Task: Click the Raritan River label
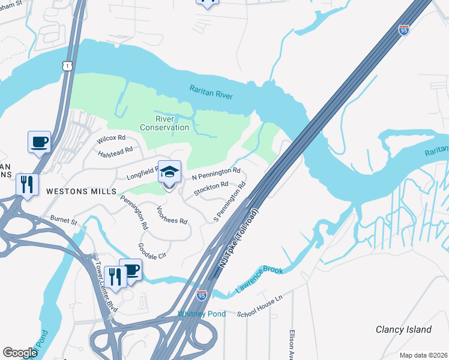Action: tap(211, 91)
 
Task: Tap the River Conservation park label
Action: tap(164, 123)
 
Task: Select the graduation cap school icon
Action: tap(169, 173)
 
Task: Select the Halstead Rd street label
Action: tap(115, 154)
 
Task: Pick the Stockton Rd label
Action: tap(211, 189)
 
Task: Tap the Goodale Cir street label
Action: tap(152, 251)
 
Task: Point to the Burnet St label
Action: tap(64, 221)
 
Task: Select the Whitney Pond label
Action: tap(202, 314)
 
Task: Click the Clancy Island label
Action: tap(403, 329)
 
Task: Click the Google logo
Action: tap(20, 352)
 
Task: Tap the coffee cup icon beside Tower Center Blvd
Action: tap(130, 270)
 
